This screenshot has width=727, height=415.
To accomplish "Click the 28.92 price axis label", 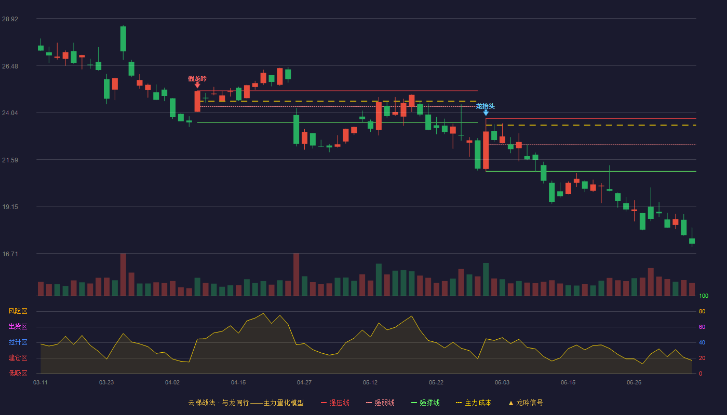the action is coord(10,19).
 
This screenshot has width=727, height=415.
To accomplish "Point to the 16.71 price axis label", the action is coord(10,254).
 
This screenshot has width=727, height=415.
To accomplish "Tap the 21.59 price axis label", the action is coord(10,160).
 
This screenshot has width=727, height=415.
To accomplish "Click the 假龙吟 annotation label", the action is coord(197,79).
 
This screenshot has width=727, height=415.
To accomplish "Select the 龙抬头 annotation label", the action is coord(486,106).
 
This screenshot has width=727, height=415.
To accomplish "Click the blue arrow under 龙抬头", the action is coord(486,113).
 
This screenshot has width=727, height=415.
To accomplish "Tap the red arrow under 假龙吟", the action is coord(197,85).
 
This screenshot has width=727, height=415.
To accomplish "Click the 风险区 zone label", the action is coord(18,311).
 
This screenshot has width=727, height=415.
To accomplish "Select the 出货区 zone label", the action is coord(18,326).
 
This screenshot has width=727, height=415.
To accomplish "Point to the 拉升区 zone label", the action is coord(18,342).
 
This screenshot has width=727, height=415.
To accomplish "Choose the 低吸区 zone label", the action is coord(18,373).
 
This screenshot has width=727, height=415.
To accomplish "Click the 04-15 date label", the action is coord(238,383).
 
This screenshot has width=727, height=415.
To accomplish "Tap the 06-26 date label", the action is coord(634,383).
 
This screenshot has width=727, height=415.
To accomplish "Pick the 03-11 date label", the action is coord(41,383).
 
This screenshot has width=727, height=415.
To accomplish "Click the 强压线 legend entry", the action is coord(335,403).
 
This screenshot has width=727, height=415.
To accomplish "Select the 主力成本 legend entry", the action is coord(474,403).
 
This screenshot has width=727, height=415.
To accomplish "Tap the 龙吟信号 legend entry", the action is coord(526,403).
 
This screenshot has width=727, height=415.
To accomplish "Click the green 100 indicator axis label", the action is coord(704,296).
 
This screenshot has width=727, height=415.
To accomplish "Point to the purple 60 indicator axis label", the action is coord(702,327).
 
